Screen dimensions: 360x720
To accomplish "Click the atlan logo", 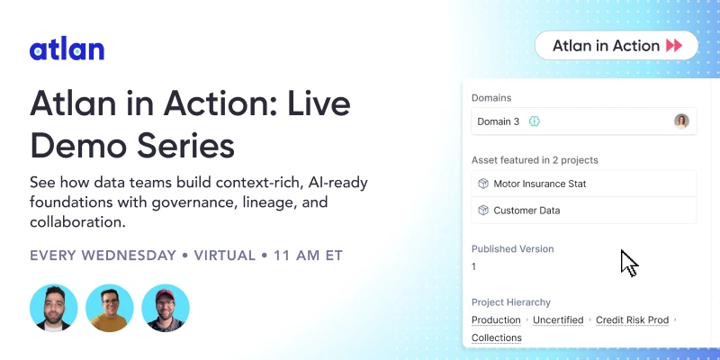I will [67, 49].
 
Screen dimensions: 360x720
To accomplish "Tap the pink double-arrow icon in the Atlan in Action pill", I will [674, 46].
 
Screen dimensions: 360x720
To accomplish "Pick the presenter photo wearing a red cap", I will [166, 309].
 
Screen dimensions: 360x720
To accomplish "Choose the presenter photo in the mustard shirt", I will [110, 309].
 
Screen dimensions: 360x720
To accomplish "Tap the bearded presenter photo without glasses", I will [53, 309].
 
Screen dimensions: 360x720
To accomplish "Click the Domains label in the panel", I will [492, 97].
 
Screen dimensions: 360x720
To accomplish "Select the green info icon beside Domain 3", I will [534, 121].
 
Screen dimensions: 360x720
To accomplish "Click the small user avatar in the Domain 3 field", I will [681, 121].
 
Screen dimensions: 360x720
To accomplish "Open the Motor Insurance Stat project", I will [540, 184].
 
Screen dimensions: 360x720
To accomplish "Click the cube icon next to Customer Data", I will [482, 211].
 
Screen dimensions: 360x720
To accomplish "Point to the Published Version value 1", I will [474, 266].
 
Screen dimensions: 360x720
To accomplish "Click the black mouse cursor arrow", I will [628, 263].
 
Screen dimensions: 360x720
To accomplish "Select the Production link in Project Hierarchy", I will [496, 319].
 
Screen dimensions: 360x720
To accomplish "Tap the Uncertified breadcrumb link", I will [558, 319].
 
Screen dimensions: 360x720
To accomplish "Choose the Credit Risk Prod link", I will [633, 319].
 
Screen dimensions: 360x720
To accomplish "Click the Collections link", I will [496, 337].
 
